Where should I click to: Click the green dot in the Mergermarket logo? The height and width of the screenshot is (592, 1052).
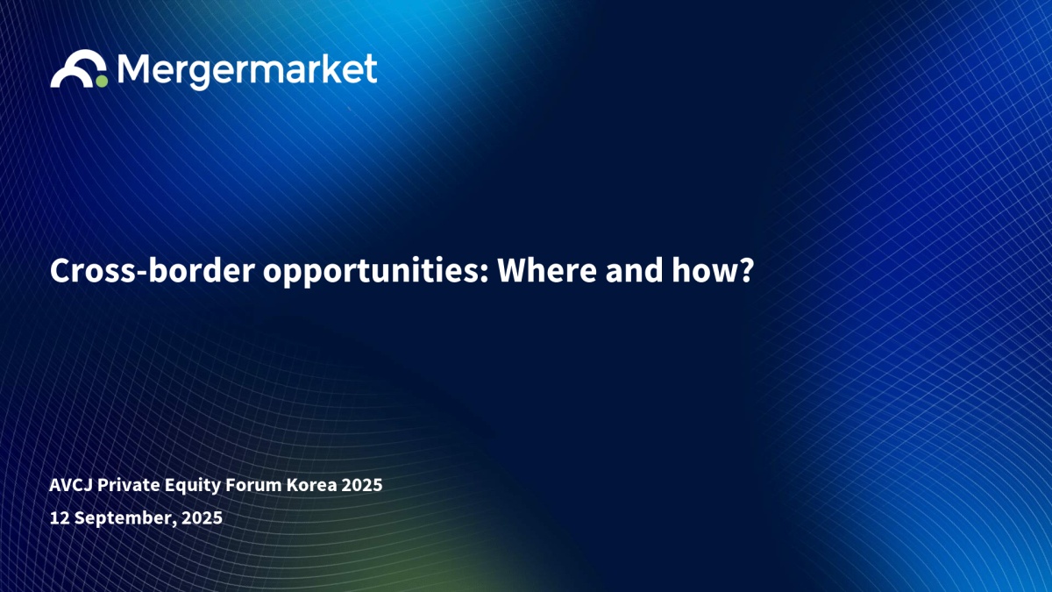tap(102, 82)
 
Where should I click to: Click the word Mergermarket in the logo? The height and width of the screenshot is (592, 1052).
tap(247, 70)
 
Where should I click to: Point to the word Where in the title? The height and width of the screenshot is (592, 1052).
tap(547, 270)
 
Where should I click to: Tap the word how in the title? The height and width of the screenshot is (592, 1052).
tap(703, 270)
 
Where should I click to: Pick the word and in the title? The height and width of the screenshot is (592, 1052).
tap(634, 270)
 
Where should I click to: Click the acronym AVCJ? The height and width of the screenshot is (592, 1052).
tap(71, 485)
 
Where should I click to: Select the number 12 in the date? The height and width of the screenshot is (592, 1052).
tap(60, 517)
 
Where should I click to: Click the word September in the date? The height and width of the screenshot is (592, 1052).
tap(125, 518)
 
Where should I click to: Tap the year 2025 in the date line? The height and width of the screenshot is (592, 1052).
tap(202, 517)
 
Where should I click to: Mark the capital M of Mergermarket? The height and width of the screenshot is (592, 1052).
tap(134, 68)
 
